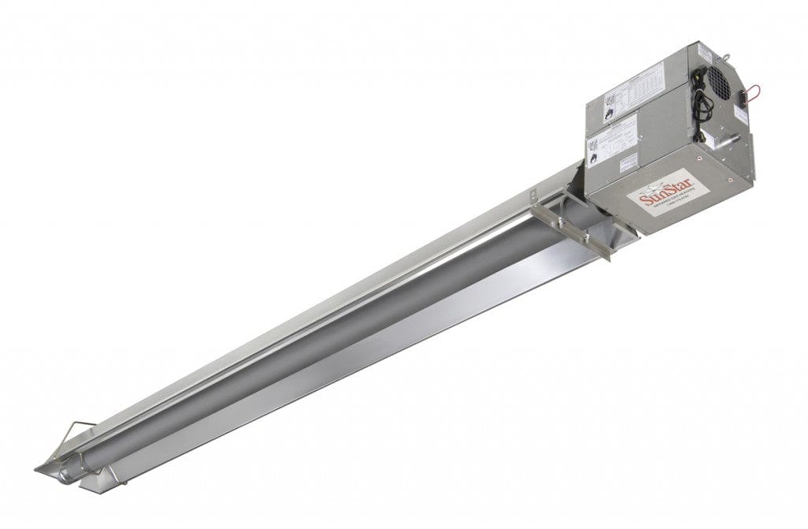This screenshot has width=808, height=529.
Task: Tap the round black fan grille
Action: (x=717, y=81)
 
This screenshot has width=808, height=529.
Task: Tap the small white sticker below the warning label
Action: (x=627, y=162)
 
